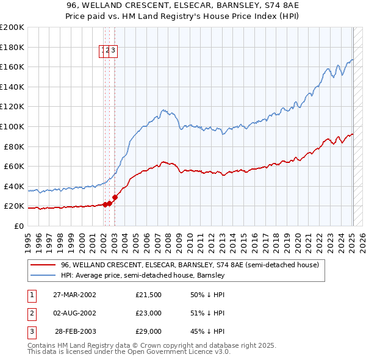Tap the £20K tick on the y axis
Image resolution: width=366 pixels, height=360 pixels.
pos(14,206)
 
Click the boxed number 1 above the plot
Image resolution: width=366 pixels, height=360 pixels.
pos(103,51)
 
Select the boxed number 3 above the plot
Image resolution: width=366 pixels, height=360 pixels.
pos(113,51)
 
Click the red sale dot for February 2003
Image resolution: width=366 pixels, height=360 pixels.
pos(115,197)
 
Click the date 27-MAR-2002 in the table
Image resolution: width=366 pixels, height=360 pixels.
pos(74,295)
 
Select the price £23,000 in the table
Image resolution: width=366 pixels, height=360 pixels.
pos(149,313)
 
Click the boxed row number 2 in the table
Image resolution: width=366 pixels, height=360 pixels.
pos(31,313)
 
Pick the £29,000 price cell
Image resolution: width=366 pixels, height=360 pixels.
pos(149,331)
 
